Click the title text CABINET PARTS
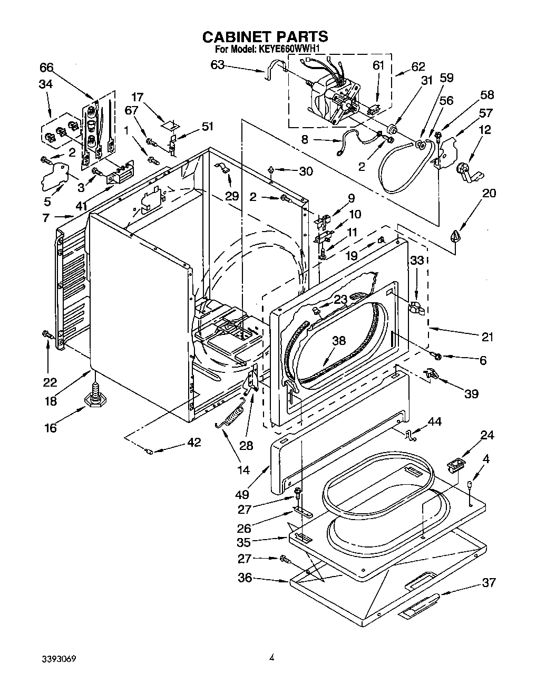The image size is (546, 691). [265, 36]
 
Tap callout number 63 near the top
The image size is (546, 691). [217, 65]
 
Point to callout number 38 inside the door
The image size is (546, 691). [339, 341]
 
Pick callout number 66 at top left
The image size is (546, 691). [46, 68]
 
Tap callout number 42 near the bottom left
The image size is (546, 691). [194, 442]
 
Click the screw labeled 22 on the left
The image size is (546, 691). [48, 333]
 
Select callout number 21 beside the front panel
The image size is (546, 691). [487, 336]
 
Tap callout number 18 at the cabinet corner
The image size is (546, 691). [51, 401]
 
